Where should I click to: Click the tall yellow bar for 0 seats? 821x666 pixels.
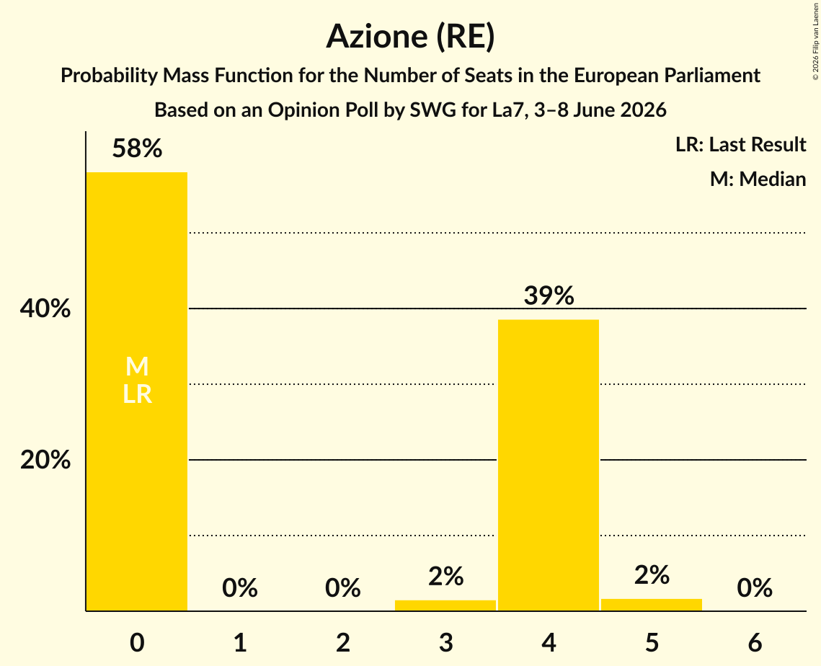pos(137,391)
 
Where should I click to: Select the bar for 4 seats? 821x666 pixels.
pos(549,466)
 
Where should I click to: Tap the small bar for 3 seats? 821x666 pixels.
pos(445,605)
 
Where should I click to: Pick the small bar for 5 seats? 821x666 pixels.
pos(652,605)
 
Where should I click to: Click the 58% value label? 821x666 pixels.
pos(137,148)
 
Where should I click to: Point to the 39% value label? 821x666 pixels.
pos(549,296)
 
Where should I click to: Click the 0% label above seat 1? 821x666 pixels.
pos(240,587)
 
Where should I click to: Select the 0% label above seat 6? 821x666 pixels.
pos(755,587)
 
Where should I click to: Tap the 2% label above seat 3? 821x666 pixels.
pos(445,577)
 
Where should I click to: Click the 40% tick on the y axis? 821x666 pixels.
pos(45,308)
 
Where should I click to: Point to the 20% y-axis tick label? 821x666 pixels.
pos(45,460)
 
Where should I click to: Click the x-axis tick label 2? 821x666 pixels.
pos(343,642)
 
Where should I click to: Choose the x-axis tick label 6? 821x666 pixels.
pos(755,642)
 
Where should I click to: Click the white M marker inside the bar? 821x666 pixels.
pos(137,366)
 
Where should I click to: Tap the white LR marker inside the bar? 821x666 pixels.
pos(137,394)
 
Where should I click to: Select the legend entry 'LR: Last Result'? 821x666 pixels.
pos(740,144)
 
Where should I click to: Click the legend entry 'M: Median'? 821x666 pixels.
pos(758,179)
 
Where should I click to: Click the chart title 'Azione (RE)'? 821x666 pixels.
pos(411,37)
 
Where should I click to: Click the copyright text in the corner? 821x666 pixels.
pos(815,41)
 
